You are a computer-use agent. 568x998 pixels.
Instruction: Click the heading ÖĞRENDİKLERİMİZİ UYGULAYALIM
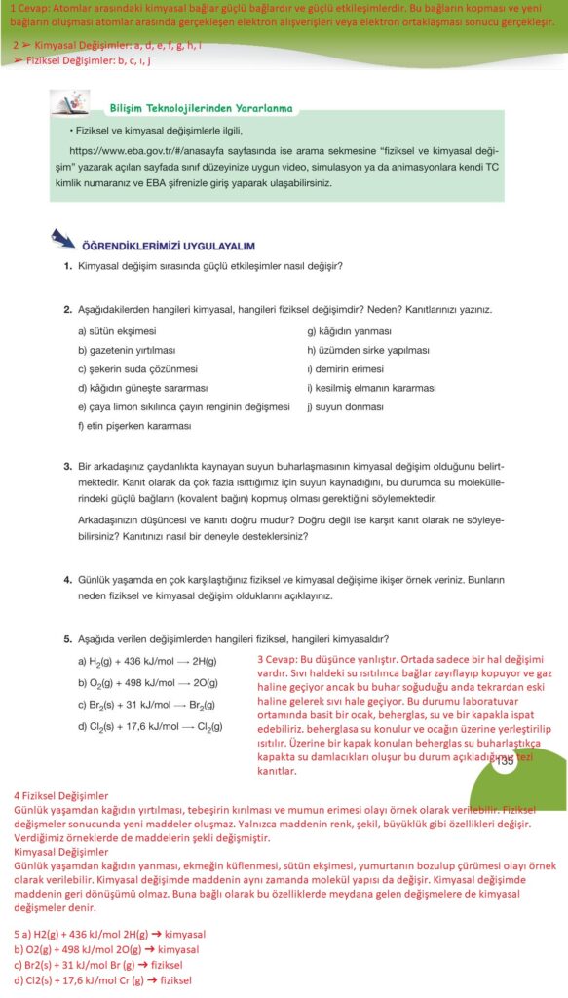(x=170, y=246)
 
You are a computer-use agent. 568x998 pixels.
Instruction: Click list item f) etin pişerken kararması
(x=134, y=425)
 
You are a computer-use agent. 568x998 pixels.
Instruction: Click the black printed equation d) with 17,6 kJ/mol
(x=152, y=726)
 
